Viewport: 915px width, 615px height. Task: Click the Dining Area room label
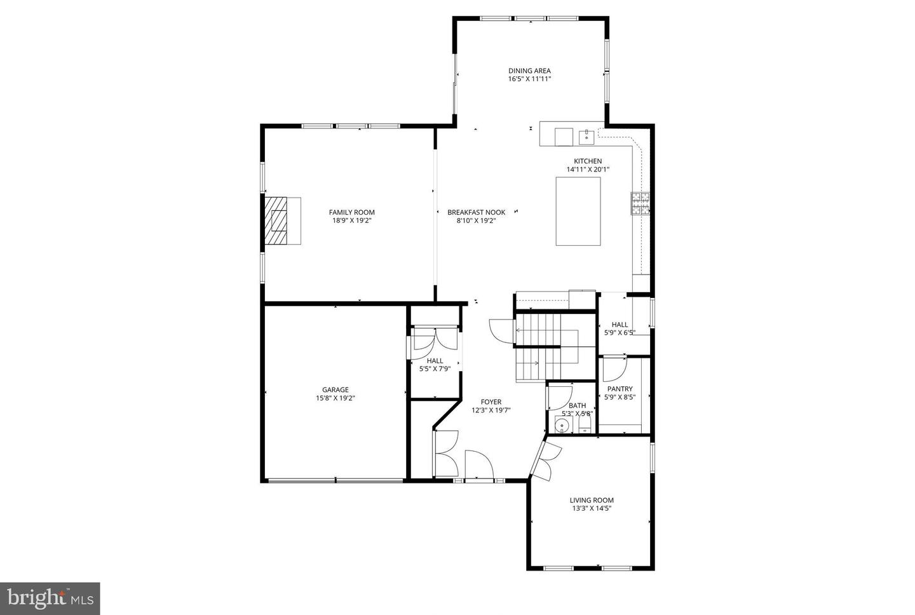529,71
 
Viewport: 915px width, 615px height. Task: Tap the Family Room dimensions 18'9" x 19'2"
351,221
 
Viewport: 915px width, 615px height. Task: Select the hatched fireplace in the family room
276,220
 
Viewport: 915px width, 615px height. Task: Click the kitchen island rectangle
578,211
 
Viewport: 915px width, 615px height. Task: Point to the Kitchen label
588,161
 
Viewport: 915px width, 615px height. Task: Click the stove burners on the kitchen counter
640,203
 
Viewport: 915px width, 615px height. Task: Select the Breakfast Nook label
476,212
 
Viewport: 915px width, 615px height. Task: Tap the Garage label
335,390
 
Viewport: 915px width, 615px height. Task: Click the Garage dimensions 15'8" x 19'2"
335,398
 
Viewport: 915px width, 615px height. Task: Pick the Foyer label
491,402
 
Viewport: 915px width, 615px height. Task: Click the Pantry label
620,389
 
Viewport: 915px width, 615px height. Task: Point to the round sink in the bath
561,426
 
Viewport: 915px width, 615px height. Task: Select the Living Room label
592,500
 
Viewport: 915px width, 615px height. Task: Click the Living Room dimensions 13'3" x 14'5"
592,508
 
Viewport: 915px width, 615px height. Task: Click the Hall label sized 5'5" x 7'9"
435,360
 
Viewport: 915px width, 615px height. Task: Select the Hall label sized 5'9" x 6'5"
620,325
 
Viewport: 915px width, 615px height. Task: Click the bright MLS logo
50,598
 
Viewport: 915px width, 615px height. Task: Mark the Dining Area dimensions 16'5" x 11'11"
529,79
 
